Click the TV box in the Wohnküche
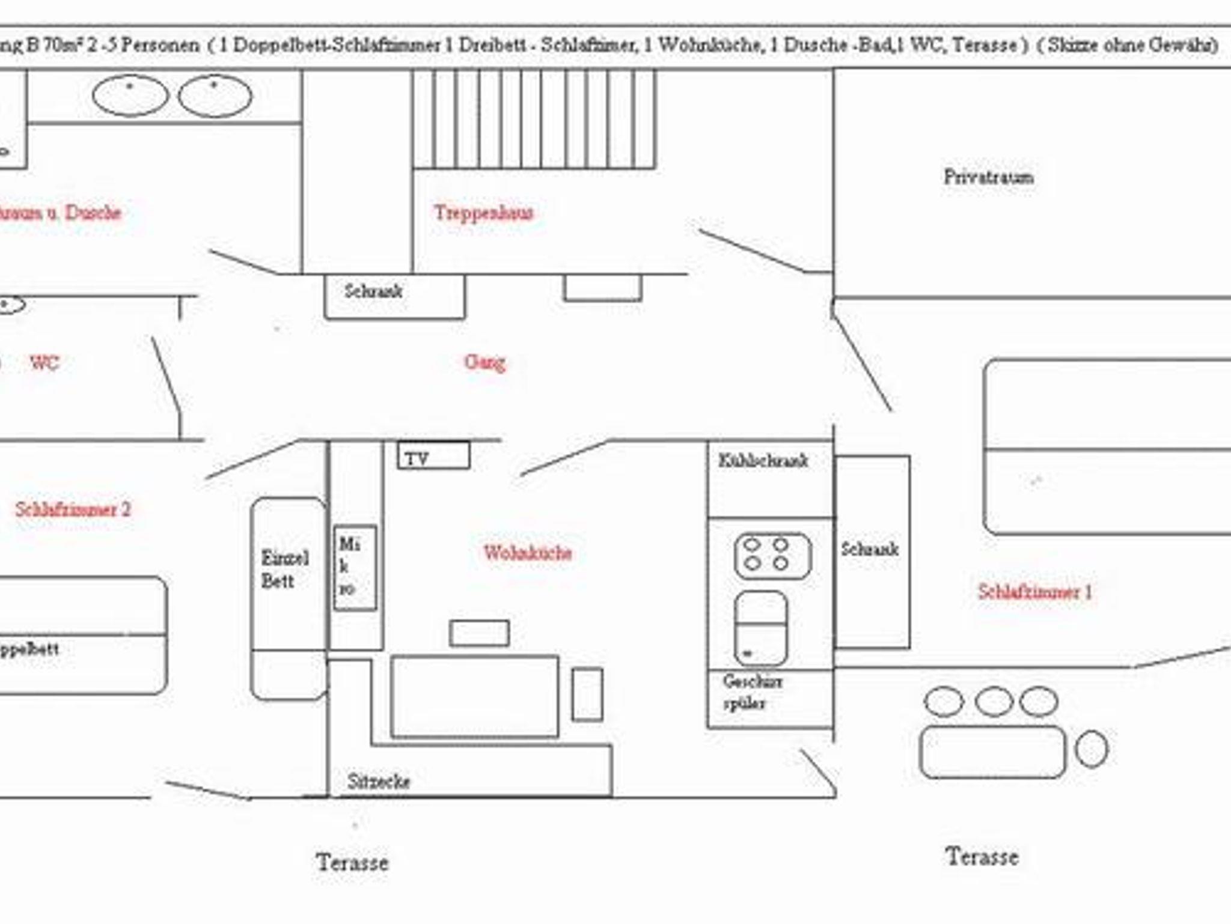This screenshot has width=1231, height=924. coord(433,456)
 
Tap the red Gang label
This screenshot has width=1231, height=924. coord(484,362)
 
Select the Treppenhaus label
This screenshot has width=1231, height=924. coord(484,213)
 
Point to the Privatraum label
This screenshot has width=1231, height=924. coord(989,177)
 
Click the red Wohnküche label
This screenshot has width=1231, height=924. coord(528,553)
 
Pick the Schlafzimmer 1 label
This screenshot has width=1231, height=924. coord(1034,592)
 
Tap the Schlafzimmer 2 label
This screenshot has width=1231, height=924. coord(73,509)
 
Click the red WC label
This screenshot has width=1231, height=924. coord(44,363)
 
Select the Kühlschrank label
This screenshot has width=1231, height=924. coord(763,461)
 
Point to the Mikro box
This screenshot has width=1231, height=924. coord(355,568)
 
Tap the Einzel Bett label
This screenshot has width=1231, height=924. coord(285,570)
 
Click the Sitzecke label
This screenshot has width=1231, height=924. coord(379,782)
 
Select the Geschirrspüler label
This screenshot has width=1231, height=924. coord(753,692)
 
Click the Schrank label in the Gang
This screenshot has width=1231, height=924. coord(373,291)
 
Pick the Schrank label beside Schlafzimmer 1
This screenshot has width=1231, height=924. coord(870,549)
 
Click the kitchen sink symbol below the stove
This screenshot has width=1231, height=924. coord(761,628)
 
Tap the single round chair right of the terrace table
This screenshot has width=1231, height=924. coord(1091,749)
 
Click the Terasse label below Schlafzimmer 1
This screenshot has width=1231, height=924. coord(982,857)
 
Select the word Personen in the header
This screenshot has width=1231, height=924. coord(160,45)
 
